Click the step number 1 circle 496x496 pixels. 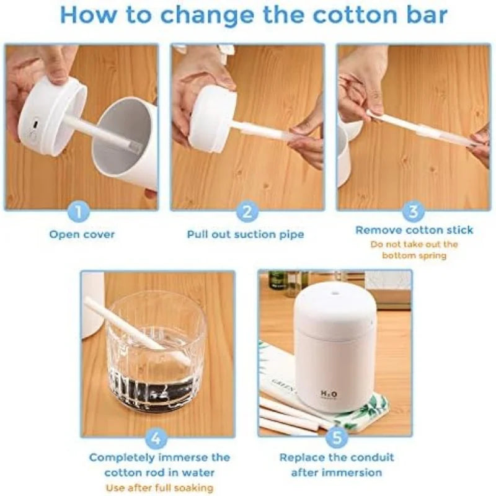pyautogui.click(x=78, y=211)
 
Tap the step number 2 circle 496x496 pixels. pyautogui.click(x=247, y=211)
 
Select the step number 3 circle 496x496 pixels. pyautogui.click(x=413, y=211)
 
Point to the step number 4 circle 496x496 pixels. pyautogui.click(x=156, y=438)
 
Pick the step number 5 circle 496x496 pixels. pyautogui.click(x=337, y=438)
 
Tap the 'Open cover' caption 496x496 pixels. pyautogui.click(x=82, y=235)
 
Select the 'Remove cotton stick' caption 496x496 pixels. pyautogui.click(x=414, y=230)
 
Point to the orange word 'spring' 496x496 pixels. pyautogui.click(x=432, y=255)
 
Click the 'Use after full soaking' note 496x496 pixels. pyautogui.click(x=159, y=487)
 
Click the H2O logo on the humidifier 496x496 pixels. pyautogui.click(x=329, y=394)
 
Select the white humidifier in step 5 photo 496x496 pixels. pyautogui.click(x=334, y=347)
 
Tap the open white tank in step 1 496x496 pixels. pyautogui.click(x=126, y=144)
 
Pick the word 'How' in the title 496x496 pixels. pyautogui.click(x=88, y=14)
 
